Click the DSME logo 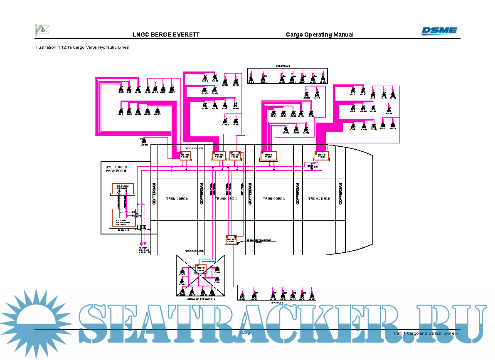pyautogui.click(x=439, y=30)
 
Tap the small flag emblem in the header pyautogui.click(x=42, y=30)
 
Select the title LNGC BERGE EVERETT pyautogui.click(x=166, y=35)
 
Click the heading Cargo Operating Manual pyautogui.click(x=320, y=35)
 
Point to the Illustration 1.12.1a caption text pyautogui.click(x=82, y=47)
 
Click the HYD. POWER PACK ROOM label pyautogui.click(x=116, y=169)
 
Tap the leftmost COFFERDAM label pyautogui.click(x=154, y=193)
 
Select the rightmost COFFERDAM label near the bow pyautogui.click(x=341, y=193)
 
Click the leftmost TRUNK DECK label pyautogui.click(x=177, y=199)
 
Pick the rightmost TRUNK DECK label pyautogui.click(x=320, y=199)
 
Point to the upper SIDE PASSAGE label pyautogui.click(x=195, y=148)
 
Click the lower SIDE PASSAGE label pyautogui.click(x=195, y=251)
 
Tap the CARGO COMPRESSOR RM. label pyautogui.click(x=200, y=298)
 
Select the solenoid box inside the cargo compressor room pyautogui.click(x=201, y=269)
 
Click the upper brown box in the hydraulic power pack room pyautogui.click(x=123, y=188)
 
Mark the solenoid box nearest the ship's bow pyautogui.click(x=322, y=156)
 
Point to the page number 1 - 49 pyautogui.click(x=245, y=333)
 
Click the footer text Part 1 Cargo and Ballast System pyautogui.click(x=426, y=333)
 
